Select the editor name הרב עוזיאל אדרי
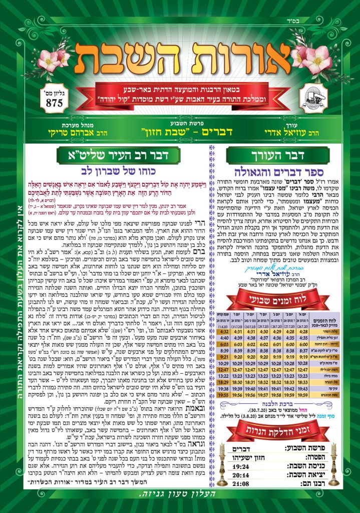coord(289,135)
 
